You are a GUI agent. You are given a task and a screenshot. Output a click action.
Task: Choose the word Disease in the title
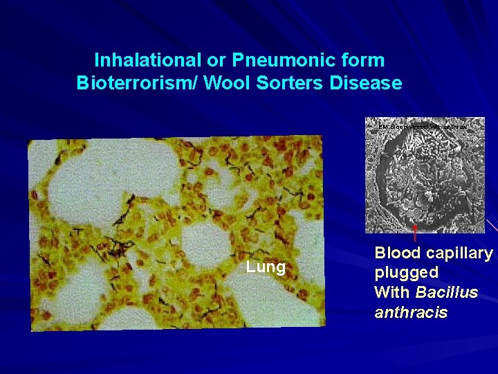[x=365, y=84]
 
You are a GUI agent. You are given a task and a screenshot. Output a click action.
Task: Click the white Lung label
[x=266, y=267]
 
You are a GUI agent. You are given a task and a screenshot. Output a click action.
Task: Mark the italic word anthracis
[x=411, y=312]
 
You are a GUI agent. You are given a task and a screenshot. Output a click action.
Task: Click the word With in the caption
[x=391, y=292]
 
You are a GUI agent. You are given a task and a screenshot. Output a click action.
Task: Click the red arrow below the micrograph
[x=414, y=231]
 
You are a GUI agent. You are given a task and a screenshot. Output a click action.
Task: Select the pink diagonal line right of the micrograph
[x=492, y=224]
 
